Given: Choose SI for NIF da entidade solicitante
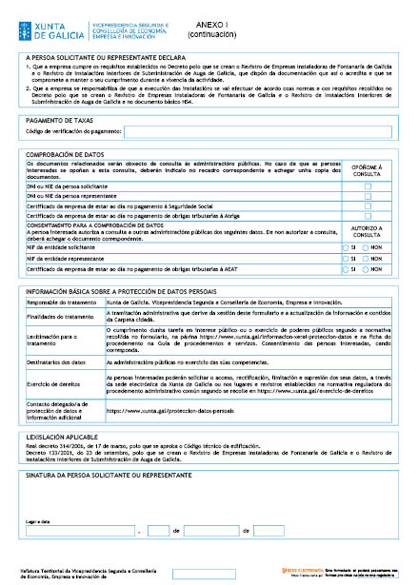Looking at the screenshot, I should pyautogui.click(x=347, y=246).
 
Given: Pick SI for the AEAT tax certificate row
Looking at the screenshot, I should pyautogui.click(x=347, y=270).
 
